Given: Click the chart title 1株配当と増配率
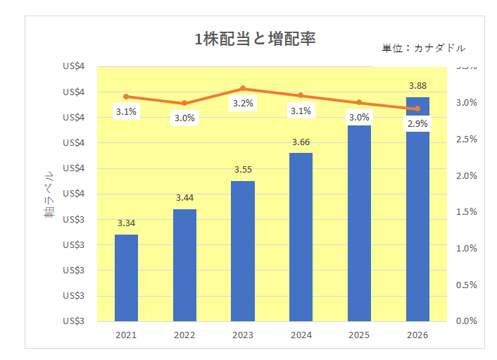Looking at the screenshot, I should click(x=255, y=39).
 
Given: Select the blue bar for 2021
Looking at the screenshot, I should click(x=127, y=278).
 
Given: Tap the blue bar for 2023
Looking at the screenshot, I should click(x=243, y=251).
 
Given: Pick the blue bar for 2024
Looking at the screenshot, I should click(x=301, y=237).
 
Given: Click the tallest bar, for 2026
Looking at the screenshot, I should click(x=417, y=209).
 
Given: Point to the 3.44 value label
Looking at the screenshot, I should click(x=184, y=197).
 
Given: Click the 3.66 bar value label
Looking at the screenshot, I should click(x=301, y=142).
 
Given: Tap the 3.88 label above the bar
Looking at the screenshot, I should click(x=417, y=86).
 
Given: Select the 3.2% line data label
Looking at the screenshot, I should click(x=243, y=103).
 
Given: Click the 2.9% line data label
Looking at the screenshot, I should click(x=417, y=123).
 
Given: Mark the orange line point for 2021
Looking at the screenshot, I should click(x=127, y=97).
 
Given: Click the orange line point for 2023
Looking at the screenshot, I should click(x=243, y=89).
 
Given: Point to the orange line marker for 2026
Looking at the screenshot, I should click(x=417, y=108).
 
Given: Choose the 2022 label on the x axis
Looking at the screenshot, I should click(x=184, y=335).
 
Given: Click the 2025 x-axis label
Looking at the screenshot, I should click(x=359, y=335).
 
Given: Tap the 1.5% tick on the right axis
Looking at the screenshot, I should click(x=466, y=212).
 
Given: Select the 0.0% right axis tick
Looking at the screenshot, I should click(x=466, y=321).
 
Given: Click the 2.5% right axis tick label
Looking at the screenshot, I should click(x=466, y=139).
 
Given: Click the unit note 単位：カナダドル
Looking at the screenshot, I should click(x=423, y=48).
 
